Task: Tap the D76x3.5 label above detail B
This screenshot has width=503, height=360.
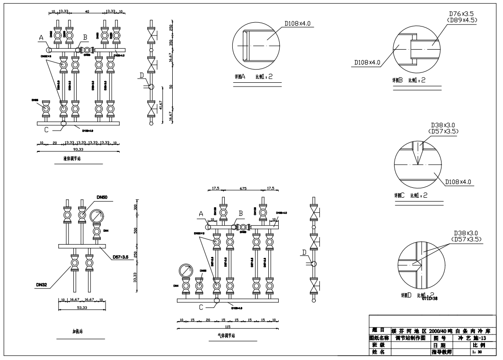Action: [459, 14]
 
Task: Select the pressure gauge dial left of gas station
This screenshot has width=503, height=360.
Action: [185, 271]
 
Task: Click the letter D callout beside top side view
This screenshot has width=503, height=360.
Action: [141, 76]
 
